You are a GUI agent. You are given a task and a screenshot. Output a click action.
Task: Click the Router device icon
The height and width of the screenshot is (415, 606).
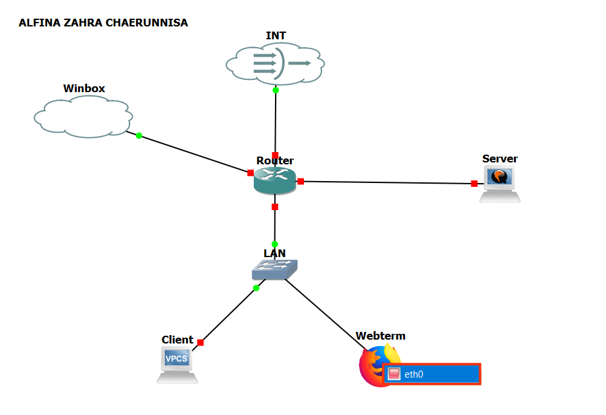point(275,181)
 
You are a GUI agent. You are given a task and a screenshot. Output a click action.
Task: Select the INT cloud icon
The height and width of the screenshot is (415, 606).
point(275,63)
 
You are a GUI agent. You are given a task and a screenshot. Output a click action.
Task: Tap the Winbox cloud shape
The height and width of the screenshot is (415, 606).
point(83,117)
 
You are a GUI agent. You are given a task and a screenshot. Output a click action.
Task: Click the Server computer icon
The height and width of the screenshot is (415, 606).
point(500,184)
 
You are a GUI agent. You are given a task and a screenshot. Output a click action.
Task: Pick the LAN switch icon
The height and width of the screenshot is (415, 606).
point(275,269)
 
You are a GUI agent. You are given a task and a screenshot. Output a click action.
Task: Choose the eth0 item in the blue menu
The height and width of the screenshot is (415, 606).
point(432,374)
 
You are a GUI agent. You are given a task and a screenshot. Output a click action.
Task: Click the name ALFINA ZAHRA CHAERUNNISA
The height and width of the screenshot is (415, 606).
point(103,23)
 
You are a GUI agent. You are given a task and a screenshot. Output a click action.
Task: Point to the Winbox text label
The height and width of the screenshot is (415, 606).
point(84,88)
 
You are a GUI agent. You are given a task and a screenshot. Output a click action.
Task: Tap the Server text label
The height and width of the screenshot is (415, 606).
point(500,159)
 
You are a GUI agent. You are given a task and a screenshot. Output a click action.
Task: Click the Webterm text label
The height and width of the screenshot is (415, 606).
point(381,336)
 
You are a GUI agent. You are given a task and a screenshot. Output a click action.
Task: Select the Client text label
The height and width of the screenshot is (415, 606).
point(177,340)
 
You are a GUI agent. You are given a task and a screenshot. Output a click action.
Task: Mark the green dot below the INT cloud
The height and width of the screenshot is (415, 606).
point(276,90)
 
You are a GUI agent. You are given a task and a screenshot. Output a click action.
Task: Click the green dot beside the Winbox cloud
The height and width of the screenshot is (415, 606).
point(139,135)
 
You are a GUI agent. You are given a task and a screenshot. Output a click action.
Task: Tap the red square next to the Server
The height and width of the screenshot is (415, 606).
point(474,184)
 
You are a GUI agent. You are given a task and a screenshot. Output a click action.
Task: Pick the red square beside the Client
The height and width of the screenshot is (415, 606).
point(200,342)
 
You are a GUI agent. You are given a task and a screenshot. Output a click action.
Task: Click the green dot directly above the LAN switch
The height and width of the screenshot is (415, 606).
point(275,244)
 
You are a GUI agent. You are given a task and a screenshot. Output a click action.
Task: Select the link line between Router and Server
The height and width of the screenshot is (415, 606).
point(386,182)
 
